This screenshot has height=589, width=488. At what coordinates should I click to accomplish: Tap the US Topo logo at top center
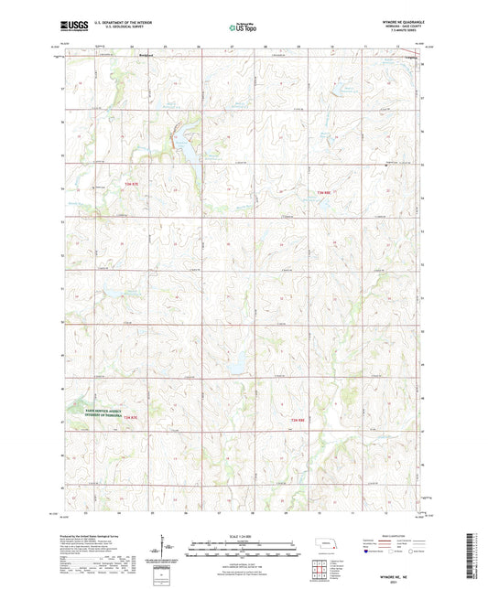pos(243,28)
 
